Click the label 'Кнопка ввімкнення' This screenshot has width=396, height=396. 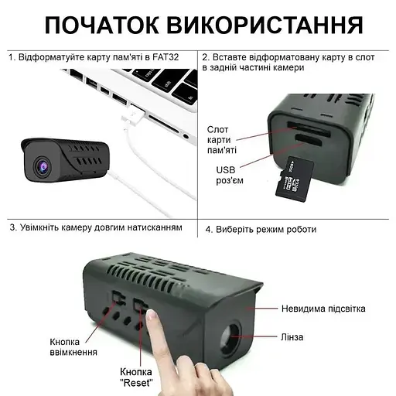pos(73,346)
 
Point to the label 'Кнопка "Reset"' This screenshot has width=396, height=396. pos(135,377)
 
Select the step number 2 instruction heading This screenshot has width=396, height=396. pos(295,62)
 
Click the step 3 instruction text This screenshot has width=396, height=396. pos(96,228)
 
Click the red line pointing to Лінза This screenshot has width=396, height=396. pos(262,337)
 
